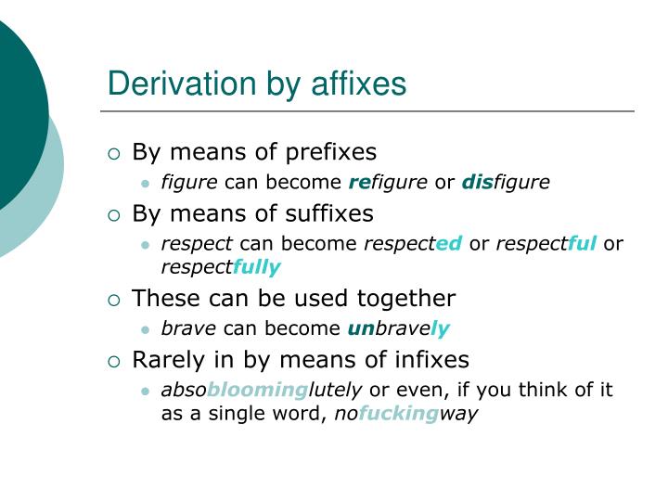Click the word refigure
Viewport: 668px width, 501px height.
click(x=389, y=182)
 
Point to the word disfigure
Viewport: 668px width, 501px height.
click(x=506, y=182)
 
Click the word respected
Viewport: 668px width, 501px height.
click(x=412, y=244)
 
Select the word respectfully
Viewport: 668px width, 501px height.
click(x=221, y=267)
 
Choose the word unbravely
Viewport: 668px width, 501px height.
click(x=398, y=328)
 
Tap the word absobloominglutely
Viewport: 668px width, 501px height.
click(x=262, y=391)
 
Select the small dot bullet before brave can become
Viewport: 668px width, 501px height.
click(x=145, y=329)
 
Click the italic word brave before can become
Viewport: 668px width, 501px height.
click(x=188, y=328)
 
